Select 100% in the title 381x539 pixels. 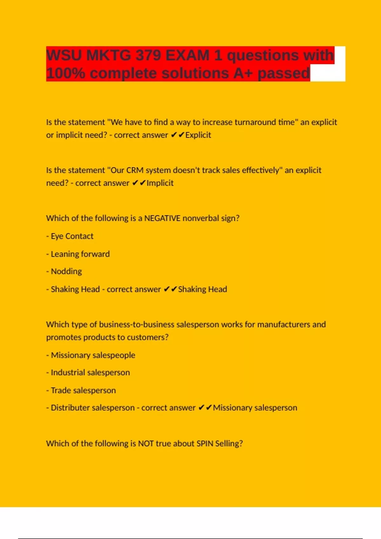pos(65,74)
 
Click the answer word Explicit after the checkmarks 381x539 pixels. pos(198,135)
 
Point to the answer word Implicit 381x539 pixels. pos(160,183)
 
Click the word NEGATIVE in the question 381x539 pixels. pos(162,218)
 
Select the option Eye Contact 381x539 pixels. pos(72,236)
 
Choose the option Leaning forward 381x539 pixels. pos(80,254)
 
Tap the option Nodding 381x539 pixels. pos(66,271)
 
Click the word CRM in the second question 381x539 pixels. pos(135,170)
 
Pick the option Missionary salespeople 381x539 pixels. pos(93,355)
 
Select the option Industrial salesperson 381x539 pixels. pos(90,373)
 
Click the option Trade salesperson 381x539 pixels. pos(83,390)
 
